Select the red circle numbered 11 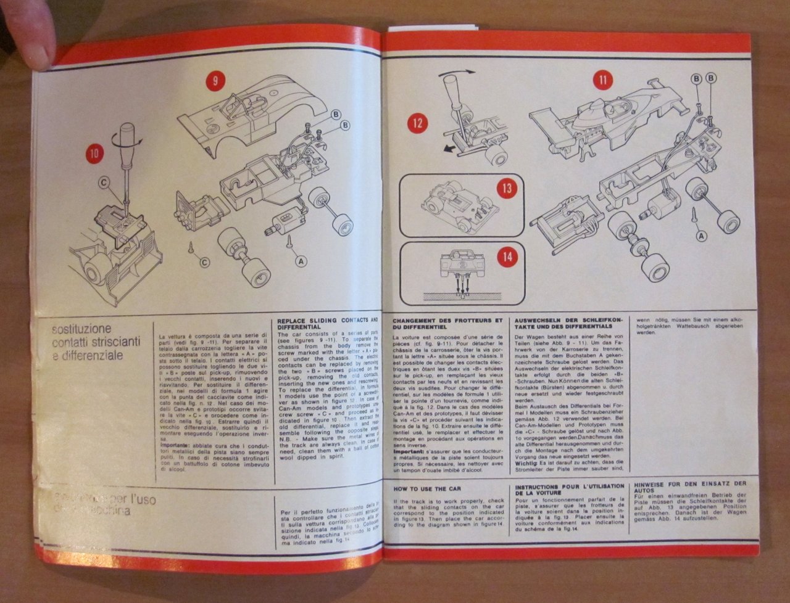tap(602, 80)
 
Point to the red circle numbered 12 tap(418, 123)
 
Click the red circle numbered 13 tap(507, 188)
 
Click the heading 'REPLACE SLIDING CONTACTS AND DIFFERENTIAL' tap(326, 324)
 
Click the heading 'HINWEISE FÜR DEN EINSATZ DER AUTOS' tap(689, 489)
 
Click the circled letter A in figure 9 tap(302, 261)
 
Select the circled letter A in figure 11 tap(701, 235)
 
